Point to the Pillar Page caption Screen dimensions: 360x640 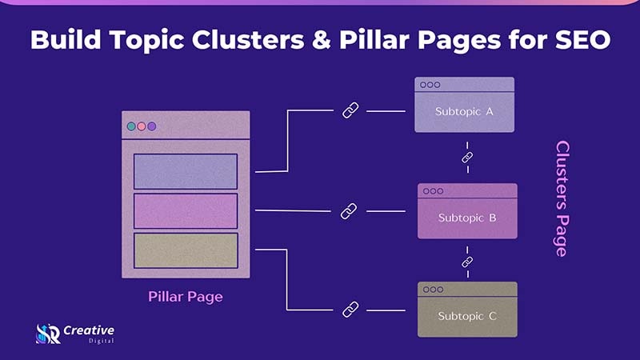(x=185, y=297)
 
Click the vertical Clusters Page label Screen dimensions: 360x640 (x=562, y=198)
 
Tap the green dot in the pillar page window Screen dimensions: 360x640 (x=131, y=126)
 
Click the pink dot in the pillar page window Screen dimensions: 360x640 (x=142, y=126)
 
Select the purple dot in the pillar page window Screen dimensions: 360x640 (x=152, y=126)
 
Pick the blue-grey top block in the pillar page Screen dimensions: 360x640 (x=186, y=171)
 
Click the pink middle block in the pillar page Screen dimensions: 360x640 (x=186, y=211)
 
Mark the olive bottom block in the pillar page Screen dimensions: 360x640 (x=186, y=250)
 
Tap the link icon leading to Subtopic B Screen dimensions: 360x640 (x=348, y=211)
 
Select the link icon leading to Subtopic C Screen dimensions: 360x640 (x=350, y=308)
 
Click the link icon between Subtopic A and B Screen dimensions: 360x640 (x=467, y=158)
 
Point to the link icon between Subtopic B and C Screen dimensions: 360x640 (x=467, y=262)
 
